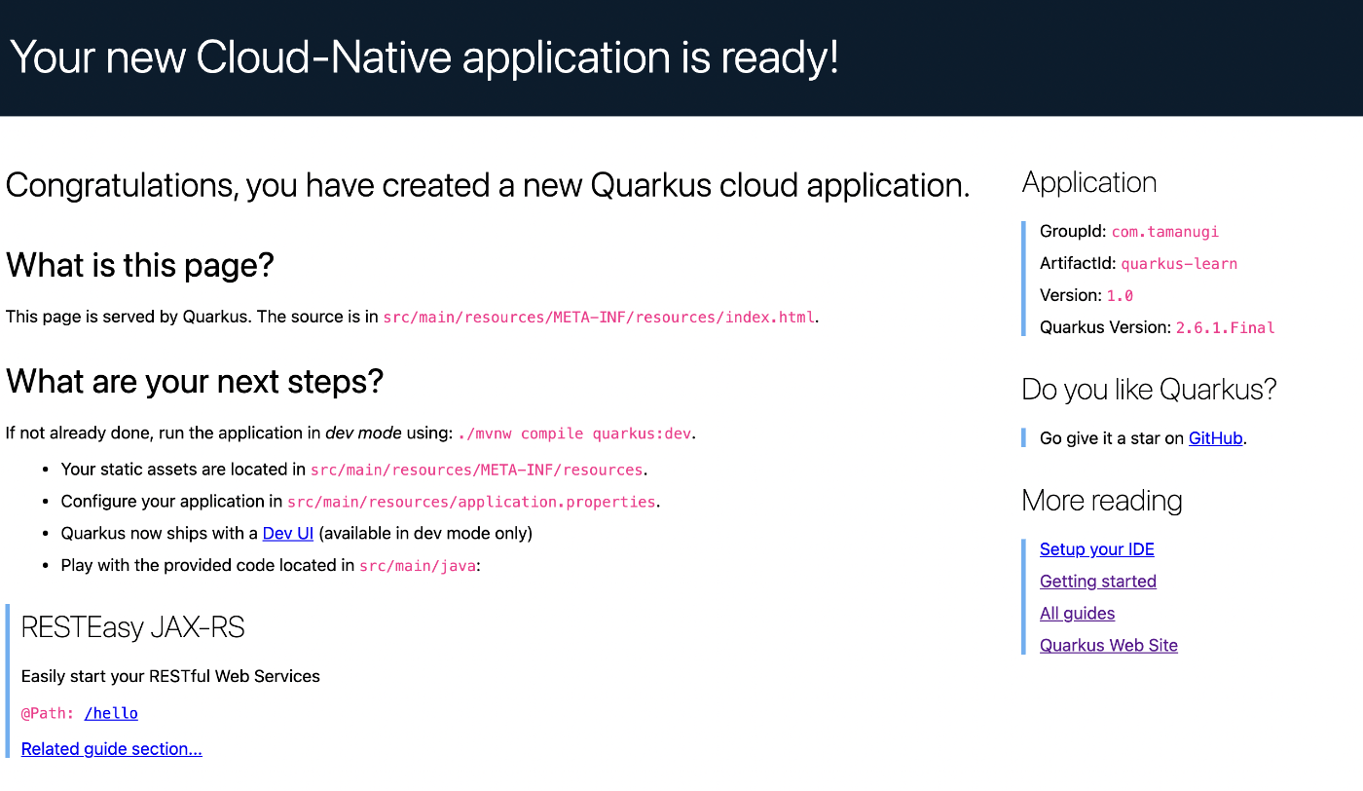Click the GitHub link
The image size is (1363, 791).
click(x=1215, y=438)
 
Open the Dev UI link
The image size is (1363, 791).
click(x=288, y=534)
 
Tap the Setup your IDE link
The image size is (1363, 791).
click(x=1096, y=549)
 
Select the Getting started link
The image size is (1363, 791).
click(x=1098, y=582)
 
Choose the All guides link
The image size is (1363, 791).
click(x=1077, y=613)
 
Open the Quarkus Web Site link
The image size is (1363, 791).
click(x=1109, y=646)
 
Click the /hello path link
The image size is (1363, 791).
click(x=111, y=713)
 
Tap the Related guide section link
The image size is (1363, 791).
click(x=111, y=749)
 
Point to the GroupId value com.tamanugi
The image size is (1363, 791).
click(x=1164, y=232)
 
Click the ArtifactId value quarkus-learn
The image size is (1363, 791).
click(x=1179, y=264)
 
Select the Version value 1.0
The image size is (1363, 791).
click(x=1120, y=296)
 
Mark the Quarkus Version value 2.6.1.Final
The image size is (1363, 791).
click(x=1225, y=328)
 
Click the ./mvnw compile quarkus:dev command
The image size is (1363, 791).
click(x=574, y=433)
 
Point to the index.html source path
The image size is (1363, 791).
click(x=599, y=318)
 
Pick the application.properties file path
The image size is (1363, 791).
click(x=471, y=502)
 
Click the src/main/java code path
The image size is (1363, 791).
click(x=418, y=566)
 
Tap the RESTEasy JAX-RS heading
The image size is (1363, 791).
click(x=132, y=627)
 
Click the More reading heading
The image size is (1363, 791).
click(x=1102, y=501)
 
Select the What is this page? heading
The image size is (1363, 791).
click(x=140, y=266)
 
